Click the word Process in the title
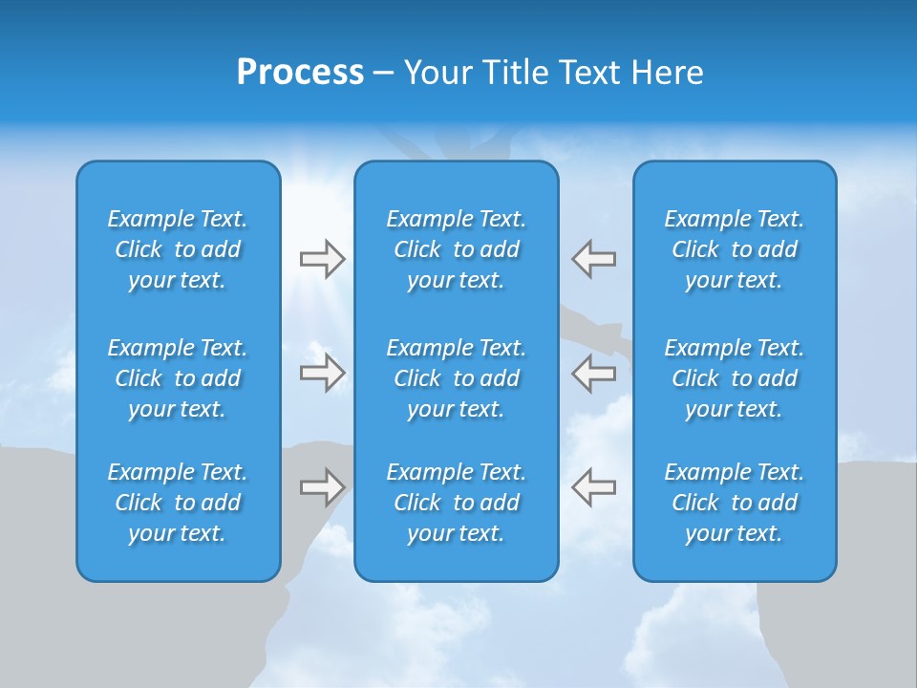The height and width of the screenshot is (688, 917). (x=300, y=73)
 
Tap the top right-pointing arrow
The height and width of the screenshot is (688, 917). (x=322, y=259)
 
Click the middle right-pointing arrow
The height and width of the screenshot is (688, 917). (x=322, y=373)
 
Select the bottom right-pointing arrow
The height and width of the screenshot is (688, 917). (x=322, y=486)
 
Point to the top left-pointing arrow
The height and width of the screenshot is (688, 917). (x=593, y=259)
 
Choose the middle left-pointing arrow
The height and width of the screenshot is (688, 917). (x=593, y=373)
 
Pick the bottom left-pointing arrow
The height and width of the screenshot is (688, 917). (x=593, y=486)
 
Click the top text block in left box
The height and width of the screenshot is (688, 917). (x=178, y=249)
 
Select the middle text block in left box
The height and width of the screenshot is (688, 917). (x=178, y=378)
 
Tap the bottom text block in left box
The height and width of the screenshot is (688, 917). (x=178, y=503)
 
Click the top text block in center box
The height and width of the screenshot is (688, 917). (x=456, y=249)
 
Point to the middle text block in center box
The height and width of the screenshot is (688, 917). (x=456, y=378)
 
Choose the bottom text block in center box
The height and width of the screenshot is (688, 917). (x=456, y=503)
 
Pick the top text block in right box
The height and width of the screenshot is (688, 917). (x=734, y=249)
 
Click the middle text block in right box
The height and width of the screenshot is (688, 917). (x=734, y=378)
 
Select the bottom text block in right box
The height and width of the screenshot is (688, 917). (x=734, y=503)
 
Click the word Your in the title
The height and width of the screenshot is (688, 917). (x=436, y=73)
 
